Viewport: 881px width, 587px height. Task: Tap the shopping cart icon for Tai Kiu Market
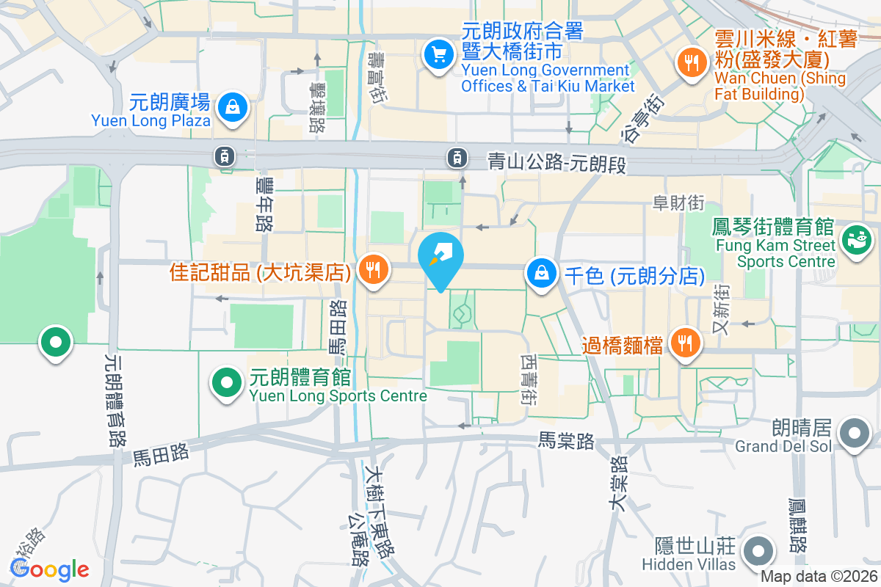pos(439,54)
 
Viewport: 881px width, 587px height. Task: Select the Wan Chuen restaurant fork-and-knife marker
pos(691,62)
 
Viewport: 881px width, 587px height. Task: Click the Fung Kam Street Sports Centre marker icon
pos(855,238)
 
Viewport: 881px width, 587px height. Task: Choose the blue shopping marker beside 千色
pos(541,273)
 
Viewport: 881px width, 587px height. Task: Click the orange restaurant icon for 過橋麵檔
pos(684,342)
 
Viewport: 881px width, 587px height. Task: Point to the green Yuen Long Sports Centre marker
pos(227,382)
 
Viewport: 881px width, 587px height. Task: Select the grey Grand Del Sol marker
pos(855,431)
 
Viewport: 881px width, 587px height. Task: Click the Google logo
pos(50,569)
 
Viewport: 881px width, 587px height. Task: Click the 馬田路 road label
pos(161,454)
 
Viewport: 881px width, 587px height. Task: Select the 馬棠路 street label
pos(565,441)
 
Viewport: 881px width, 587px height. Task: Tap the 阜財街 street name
pos(680,203)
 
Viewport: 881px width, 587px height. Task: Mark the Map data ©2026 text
pos(819,577)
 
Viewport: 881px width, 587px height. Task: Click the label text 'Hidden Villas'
pos(689,564)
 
